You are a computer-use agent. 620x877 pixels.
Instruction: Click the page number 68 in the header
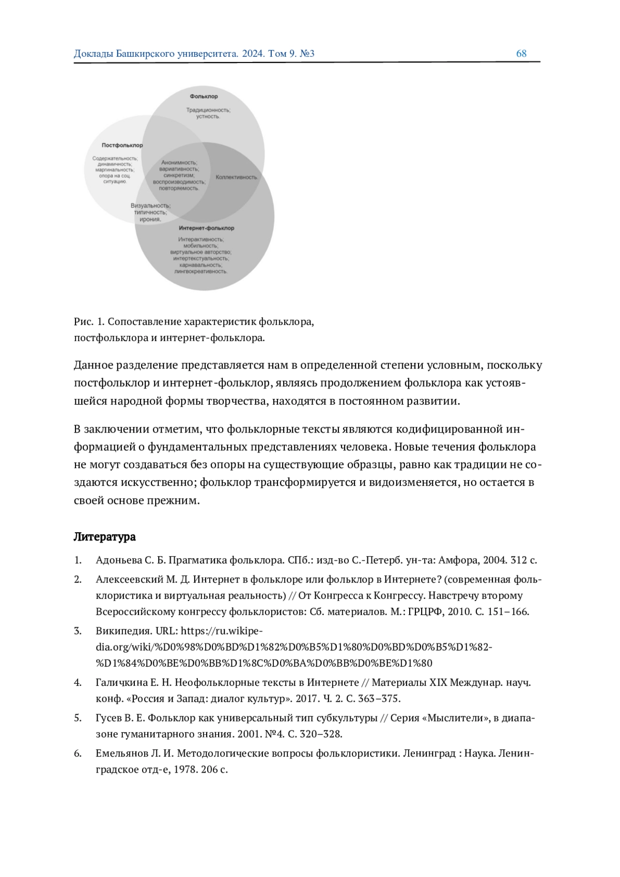pyautogui.click(x=521, y=54)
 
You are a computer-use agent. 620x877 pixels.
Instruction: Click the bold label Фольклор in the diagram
pyautogui.click(x=204, y=97)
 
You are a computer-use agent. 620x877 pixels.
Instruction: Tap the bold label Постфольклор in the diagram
pyautogui.click(x=122, y=145)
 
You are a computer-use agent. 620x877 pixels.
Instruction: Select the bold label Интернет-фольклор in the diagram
pyautogui.click(x=206, y=228)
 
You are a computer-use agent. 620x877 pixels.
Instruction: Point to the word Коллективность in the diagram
pyautogui.click(x=236, y=177)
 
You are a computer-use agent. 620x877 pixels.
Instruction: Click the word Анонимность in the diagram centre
pyautogui.click(x=179, y=163)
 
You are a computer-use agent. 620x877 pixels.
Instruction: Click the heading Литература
pyautogui.click(x=104, y=537)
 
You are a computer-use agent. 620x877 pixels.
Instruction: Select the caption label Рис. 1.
pyautogui.click(x=89, y=322)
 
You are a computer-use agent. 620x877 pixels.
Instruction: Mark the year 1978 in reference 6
pyautogui.click(x=184, y=770)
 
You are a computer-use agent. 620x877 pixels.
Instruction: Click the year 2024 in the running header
pyautogui.click(x=252, y=54)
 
